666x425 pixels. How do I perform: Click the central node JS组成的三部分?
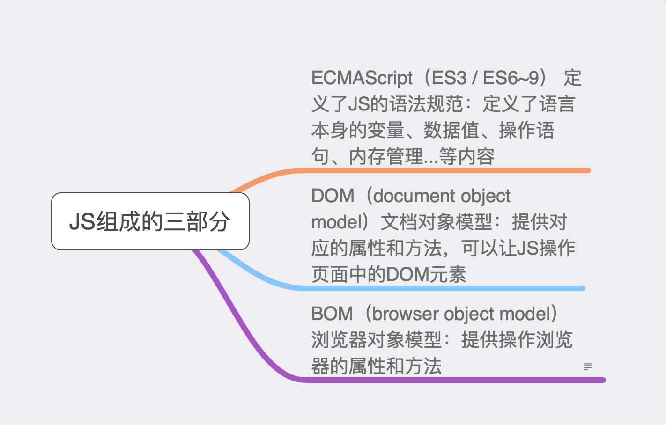(150, 221)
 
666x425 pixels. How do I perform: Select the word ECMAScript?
(362, 78)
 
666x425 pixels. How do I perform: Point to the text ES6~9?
(511, 78)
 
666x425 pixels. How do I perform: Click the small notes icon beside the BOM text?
(587, 366)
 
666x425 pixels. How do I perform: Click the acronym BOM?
(332, 314)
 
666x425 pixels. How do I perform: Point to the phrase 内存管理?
(386, 156)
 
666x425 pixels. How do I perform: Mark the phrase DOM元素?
(426, 274)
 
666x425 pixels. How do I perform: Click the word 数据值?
(451, 130)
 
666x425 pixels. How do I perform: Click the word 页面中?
(339, 274)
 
